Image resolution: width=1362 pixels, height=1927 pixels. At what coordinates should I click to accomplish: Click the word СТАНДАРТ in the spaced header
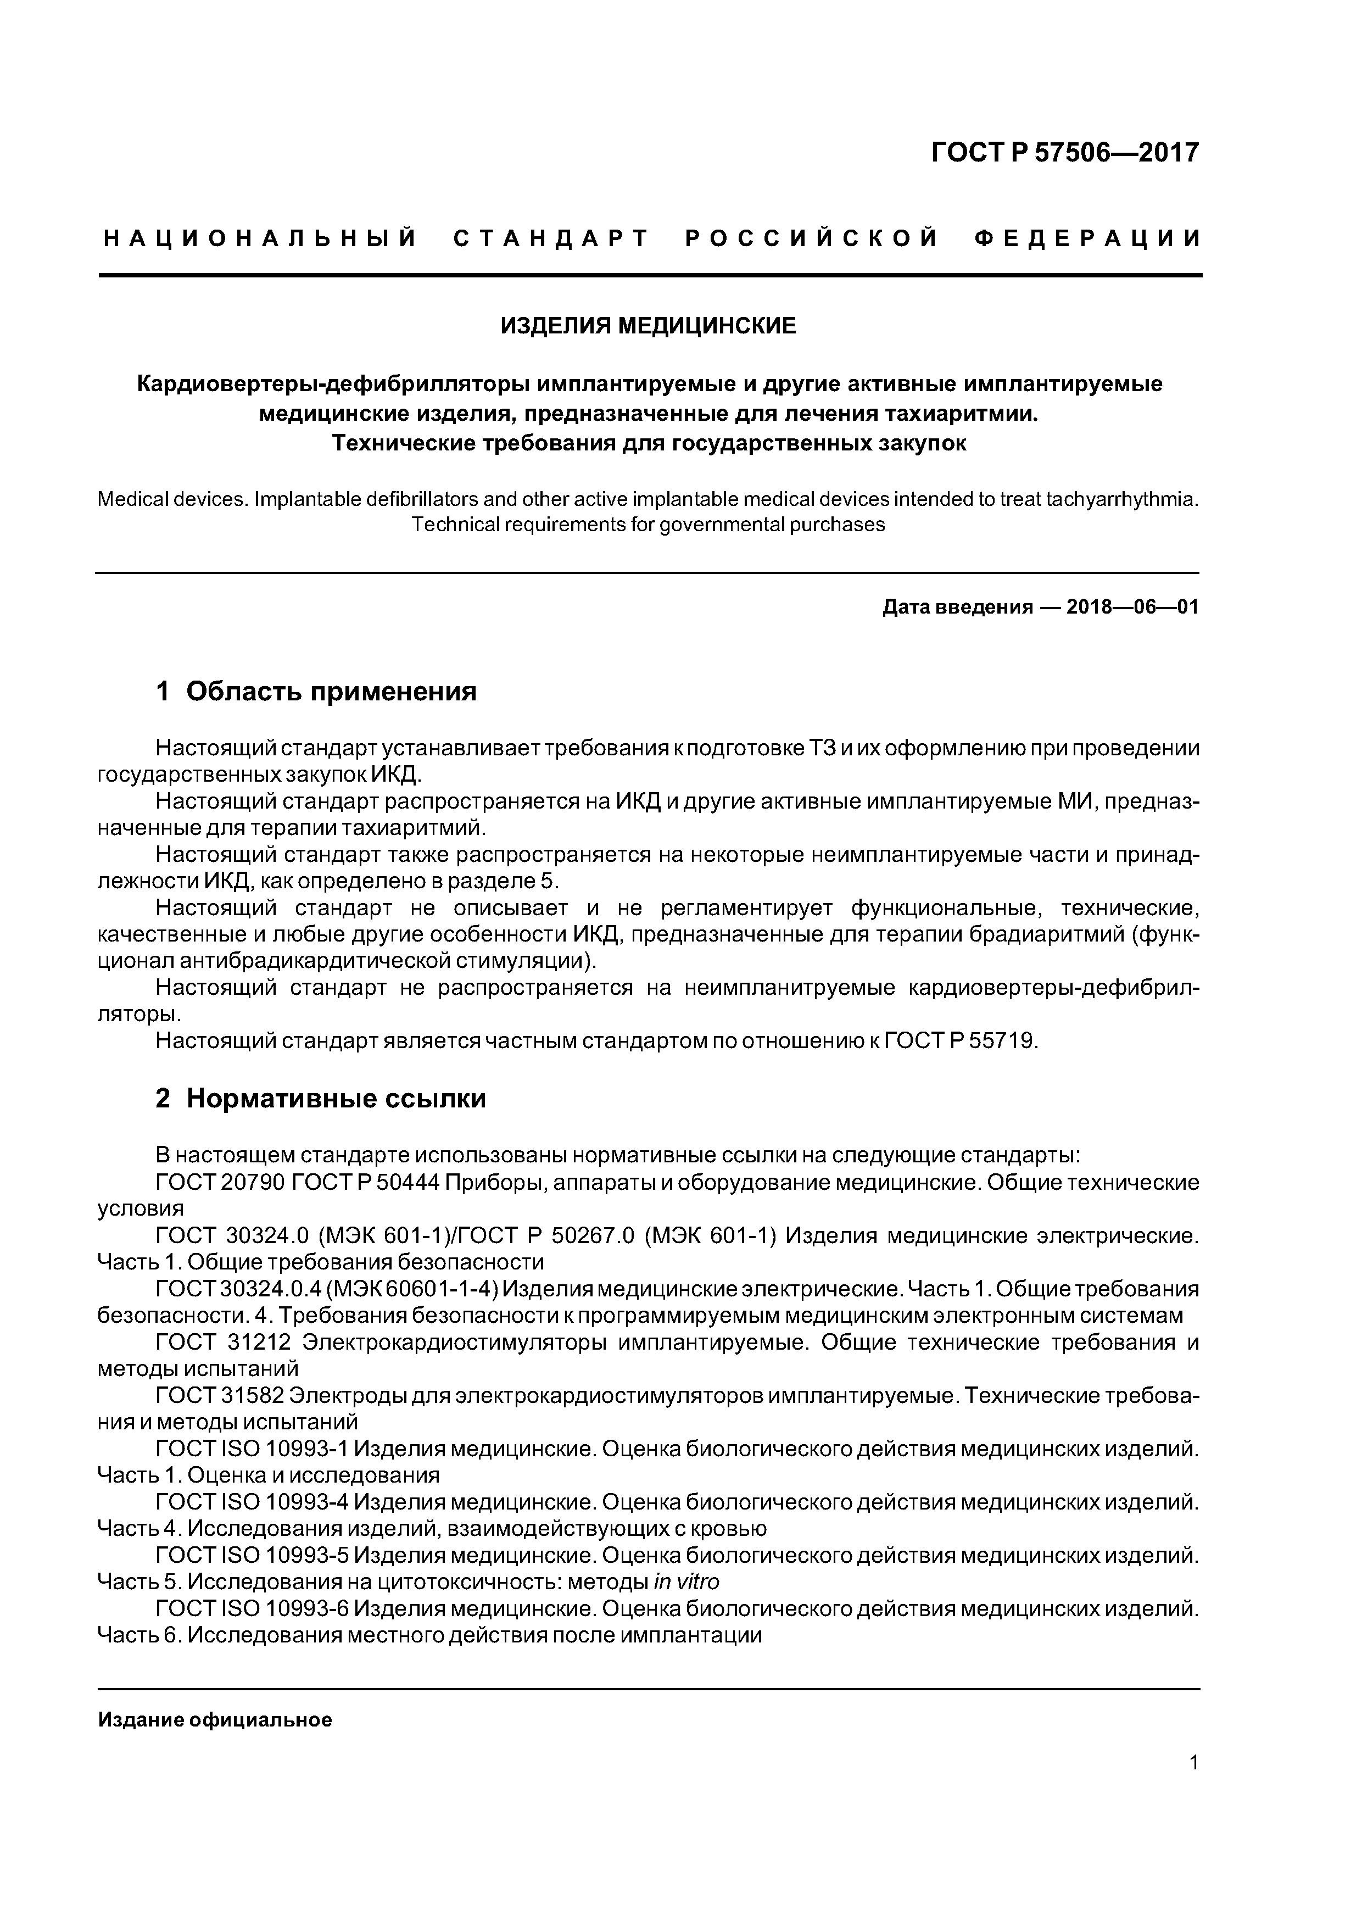coord(551,239)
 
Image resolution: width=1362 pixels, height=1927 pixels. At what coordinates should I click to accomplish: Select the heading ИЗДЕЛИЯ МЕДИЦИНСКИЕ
coord(648,326)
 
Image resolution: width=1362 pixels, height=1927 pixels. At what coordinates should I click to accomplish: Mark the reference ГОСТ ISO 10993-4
coord(252,1501)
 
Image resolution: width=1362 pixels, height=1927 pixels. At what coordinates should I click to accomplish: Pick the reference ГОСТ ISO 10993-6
coord(252,1609)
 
